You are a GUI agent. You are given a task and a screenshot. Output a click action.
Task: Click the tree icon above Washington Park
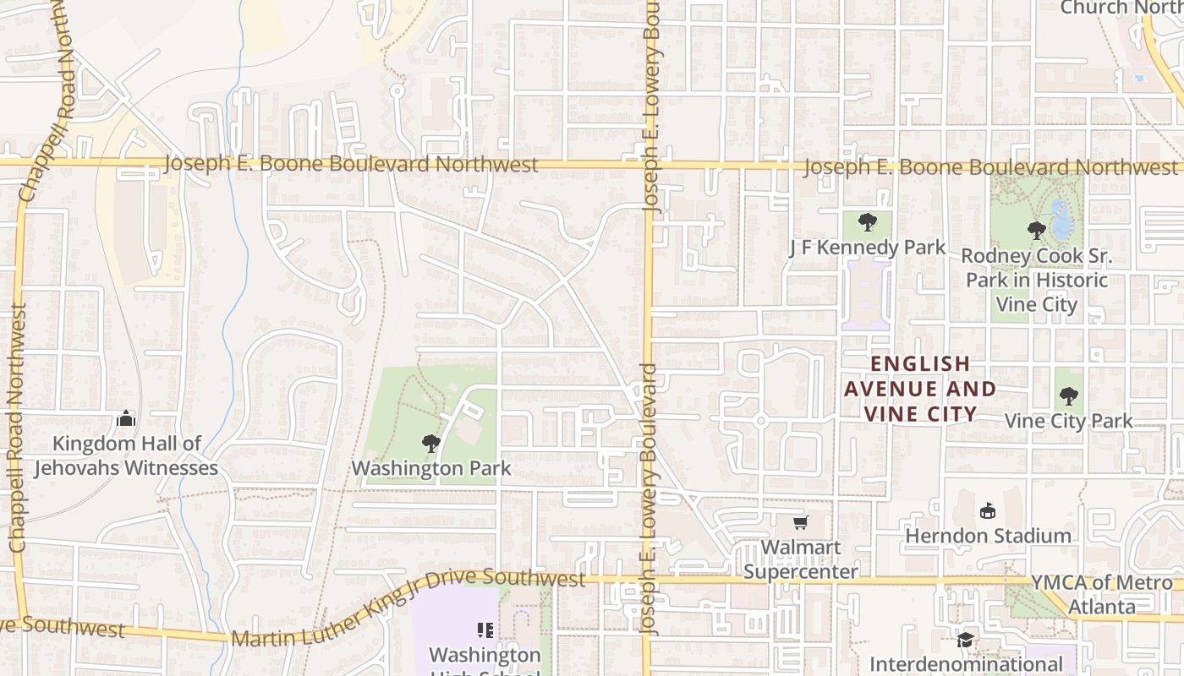[431, 444]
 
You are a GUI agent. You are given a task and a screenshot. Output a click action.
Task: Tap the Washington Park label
[431, 468]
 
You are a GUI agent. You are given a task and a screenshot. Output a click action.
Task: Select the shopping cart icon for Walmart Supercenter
[800, 523]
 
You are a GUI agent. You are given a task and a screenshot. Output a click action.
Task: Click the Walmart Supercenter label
[800, 559]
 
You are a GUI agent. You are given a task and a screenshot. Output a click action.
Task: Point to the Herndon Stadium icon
[987, 510]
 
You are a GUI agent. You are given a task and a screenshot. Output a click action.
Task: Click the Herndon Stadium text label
[988, 536]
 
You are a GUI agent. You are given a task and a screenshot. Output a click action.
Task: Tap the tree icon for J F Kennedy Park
[867, 223]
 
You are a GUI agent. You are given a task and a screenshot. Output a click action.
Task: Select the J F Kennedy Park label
[867, 248]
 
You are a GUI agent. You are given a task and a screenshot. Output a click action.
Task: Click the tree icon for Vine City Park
[1069, 395]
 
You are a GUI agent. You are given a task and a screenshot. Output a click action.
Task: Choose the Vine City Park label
[1068, 421]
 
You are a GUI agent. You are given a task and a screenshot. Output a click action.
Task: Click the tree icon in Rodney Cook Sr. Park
[1036, 230]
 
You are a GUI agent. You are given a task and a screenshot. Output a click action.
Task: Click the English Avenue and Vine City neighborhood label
[920, 389]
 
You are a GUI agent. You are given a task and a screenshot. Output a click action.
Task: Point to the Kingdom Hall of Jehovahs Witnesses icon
[126, 418]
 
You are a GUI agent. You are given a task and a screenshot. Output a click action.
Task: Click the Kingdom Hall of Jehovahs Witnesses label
[126, 455]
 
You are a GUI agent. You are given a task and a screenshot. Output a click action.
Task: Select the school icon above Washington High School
[485, 630]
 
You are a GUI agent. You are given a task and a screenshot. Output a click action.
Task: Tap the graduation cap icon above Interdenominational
[965, 640]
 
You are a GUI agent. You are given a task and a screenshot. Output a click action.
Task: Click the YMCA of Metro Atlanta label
[1102, 594]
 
